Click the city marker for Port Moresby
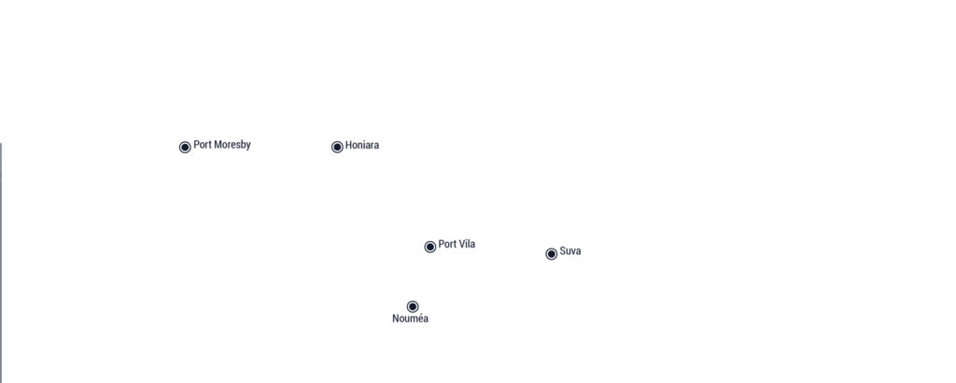pyautogui.click(x=186, y=147)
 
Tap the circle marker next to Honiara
pyautogui.click(x=337, y=147)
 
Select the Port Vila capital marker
pyautogui.click(x=429, y=247)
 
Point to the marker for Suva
pyautogui.click(x=551, y=254)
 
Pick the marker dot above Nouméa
pyautogui.click(x=413, y=306)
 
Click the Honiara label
pyautogui.click(x=362, y=145)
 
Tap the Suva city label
pyautogui.click(x=570, y=250)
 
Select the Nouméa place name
pyautogui.click(x=411, y=319)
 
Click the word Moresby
pyautogui.click(x=232, y=145)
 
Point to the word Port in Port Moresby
pyautogui.click(x=202, y=145)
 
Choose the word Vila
pyautogui.click(x=466, y=244)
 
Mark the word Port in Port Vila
pyautogui.click(x=446, y=244)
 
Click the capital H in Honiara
pyautogui.click(x=349, y=145)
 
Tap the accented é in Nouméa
pyautogui.click(x=420, y=319)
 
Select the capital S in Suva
pyautogui.click(x=563, y=250)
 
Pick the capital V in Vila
pyautogui.click(x=460, y=244)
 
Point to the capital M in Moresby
pyautogui.click(x=217, y=145)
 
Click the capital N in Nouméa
pyautogui.click(x=396, y=319)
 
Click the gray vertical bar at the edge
pyautogui.click(x=1, y=262)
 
